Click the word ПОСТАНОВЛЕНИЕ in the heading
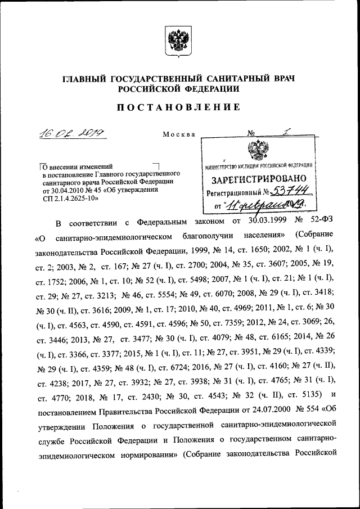click(x=180, y=107)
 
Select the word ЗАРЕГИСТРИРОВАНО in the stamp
click(x=258, y=179)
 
